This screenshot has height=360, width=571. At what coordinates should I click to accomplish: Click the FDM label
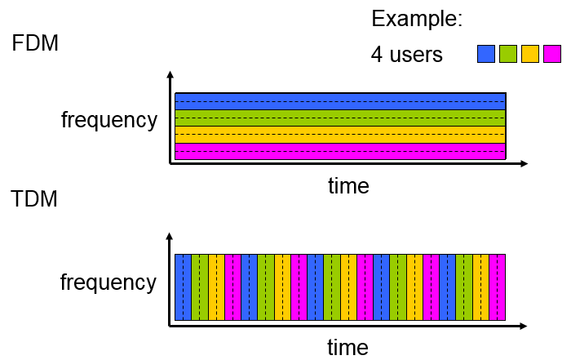35,43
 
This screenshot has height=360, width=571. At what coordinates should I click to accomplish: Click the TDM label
34,198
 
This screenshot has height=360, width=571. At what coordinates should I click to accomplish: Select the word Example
417,20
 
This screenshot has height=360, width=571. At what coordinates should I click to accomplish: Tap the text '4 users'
406,55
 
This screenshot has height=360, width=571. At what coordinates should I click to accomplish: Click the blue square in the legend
486,54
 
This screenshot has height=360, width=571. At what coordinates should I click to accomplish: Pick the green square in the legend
508,54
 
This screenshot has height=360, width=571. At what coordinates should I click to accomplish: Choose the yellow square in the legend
530,54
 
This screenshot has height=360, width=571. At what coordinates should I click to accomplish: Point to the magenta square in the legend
552,54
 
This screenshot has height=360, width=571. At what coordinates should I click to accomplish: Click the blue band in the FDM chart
340,101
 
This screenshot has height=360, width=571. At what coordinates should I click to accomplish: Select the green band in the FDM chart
340,118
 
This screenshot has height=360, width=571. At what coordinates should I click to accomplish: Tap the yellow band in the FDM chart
340,134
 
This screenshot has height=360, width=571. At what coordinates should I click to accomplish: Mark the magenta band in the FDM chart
340,151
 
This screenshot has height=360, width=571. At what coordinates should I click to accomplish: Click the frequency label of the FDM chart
109,120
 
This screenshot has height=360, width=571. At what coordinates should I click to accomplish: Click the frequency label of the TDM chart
108,282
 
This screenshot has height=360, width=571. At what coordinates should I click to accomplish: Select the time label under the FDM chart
348,185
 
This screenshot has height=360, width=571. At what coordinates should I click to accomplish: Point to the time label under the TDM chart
348,348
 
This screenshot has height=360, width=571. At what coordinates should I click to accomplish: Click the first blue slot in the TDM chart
184,287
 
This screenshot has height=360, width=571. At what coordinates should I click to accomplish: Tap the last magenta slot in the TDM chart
498,287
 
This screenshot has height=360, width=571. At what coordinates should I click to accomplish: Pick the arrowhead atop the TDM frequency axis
170,238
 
